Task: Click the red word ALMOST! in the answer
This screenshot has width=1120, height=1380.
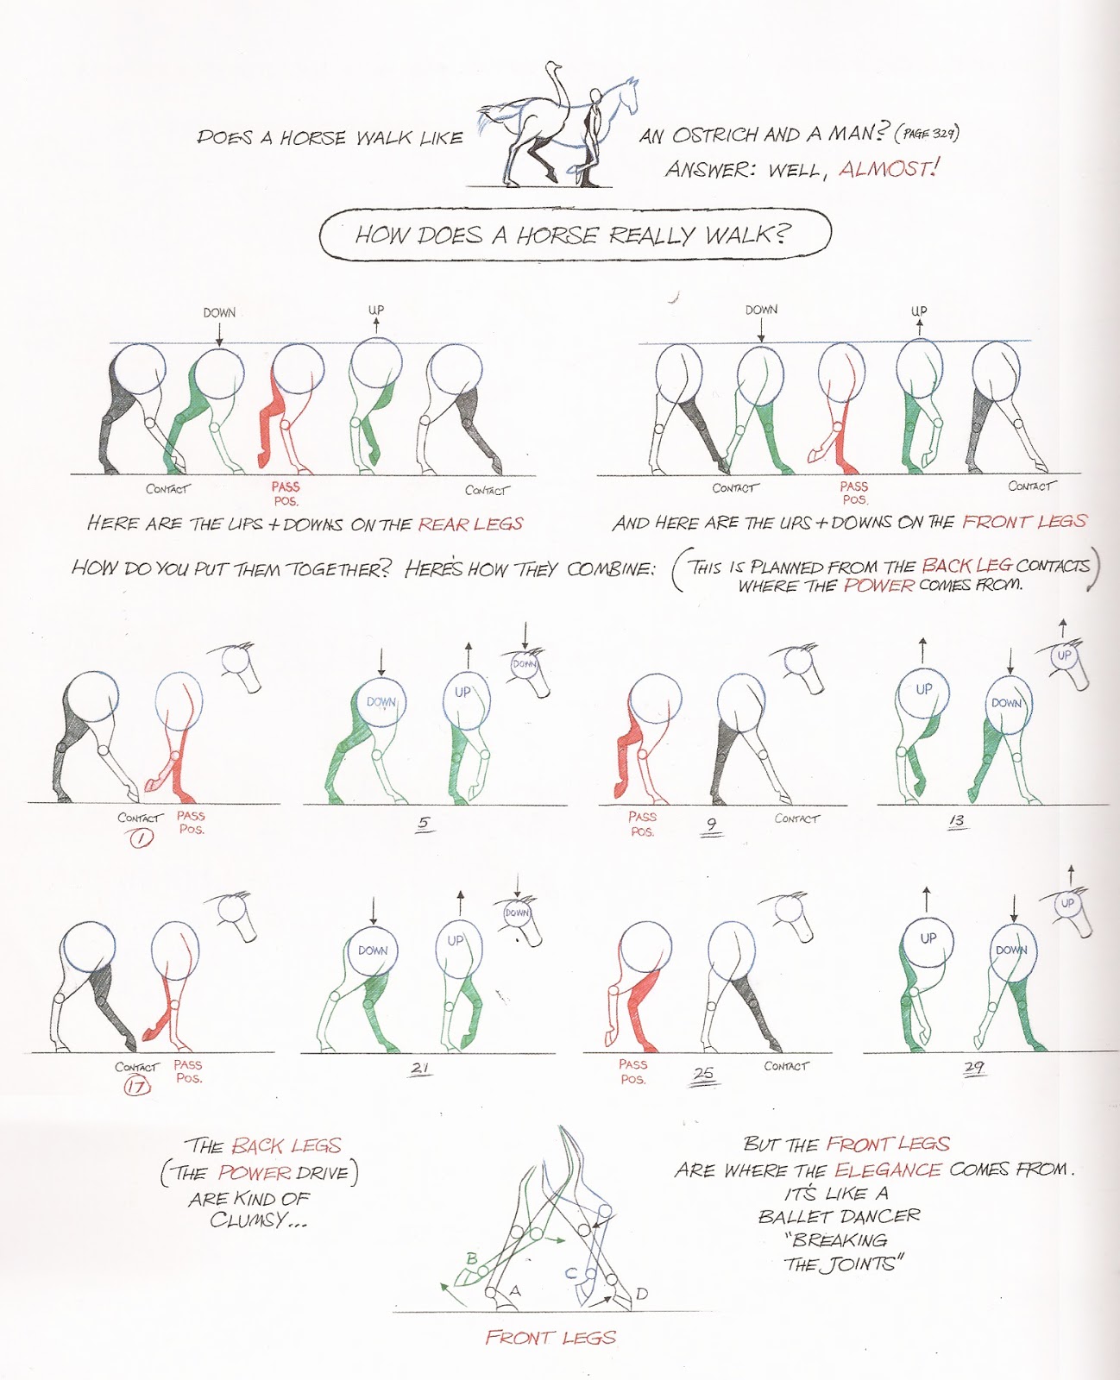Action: [x=888, y=169]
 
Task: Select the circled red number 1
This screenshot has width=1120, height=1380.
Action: [x=141, y=837]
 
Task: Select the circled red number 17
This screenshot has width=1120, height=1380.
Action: [x=136, y=1086]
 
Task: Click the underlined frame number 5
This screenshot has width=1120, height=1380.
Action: [x=423, y=822]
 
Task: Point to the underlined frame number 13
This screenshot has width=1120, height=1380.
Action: [x=955, y=820]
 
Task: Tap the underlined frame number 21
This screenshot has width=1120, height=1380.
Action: [x=420, y=1068]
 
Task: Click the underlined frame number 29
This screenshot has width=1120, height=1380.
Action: [x=973, y=1067]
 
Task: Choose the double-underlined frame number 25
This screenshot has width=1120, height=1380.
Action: [x=704, y=1073]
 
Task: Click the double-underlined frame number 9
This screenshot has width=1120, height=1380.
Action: [x=711, y=825]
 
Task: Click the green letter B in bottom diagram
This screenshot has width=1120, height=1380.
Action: [x=472, y=1258]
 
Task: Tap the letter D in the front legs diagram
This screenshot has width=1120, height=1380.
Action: [x=641, y=1294]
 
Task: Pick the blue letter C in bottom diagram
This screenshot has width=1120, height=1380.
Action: [x=571, y=1272]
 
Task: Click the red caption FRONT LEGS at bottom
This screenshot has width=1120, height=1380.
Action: [x=551, y=1338]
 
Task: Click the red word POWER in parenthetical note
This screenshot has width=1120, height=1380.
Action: [x=878, y=586]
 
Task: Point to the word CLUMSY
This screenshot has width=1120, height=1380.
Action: [x=257, y=1220]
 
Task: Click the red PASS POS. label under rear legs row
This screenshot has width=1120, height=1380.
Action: [x=285, y=493]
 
